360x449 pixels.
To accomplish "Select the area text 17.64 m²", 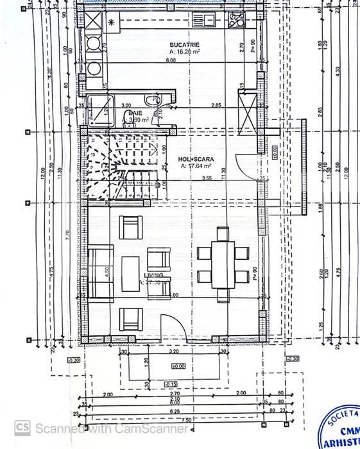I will click(x=196, y=165).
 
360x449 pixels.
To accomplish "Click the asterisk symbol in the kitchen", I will click(x=112, y=22).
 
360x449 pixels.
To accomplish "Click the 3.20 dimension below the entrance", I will click(x=173, y=352).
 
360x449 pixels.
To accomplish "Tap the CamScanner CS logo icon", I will click(x=23, y=427).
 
